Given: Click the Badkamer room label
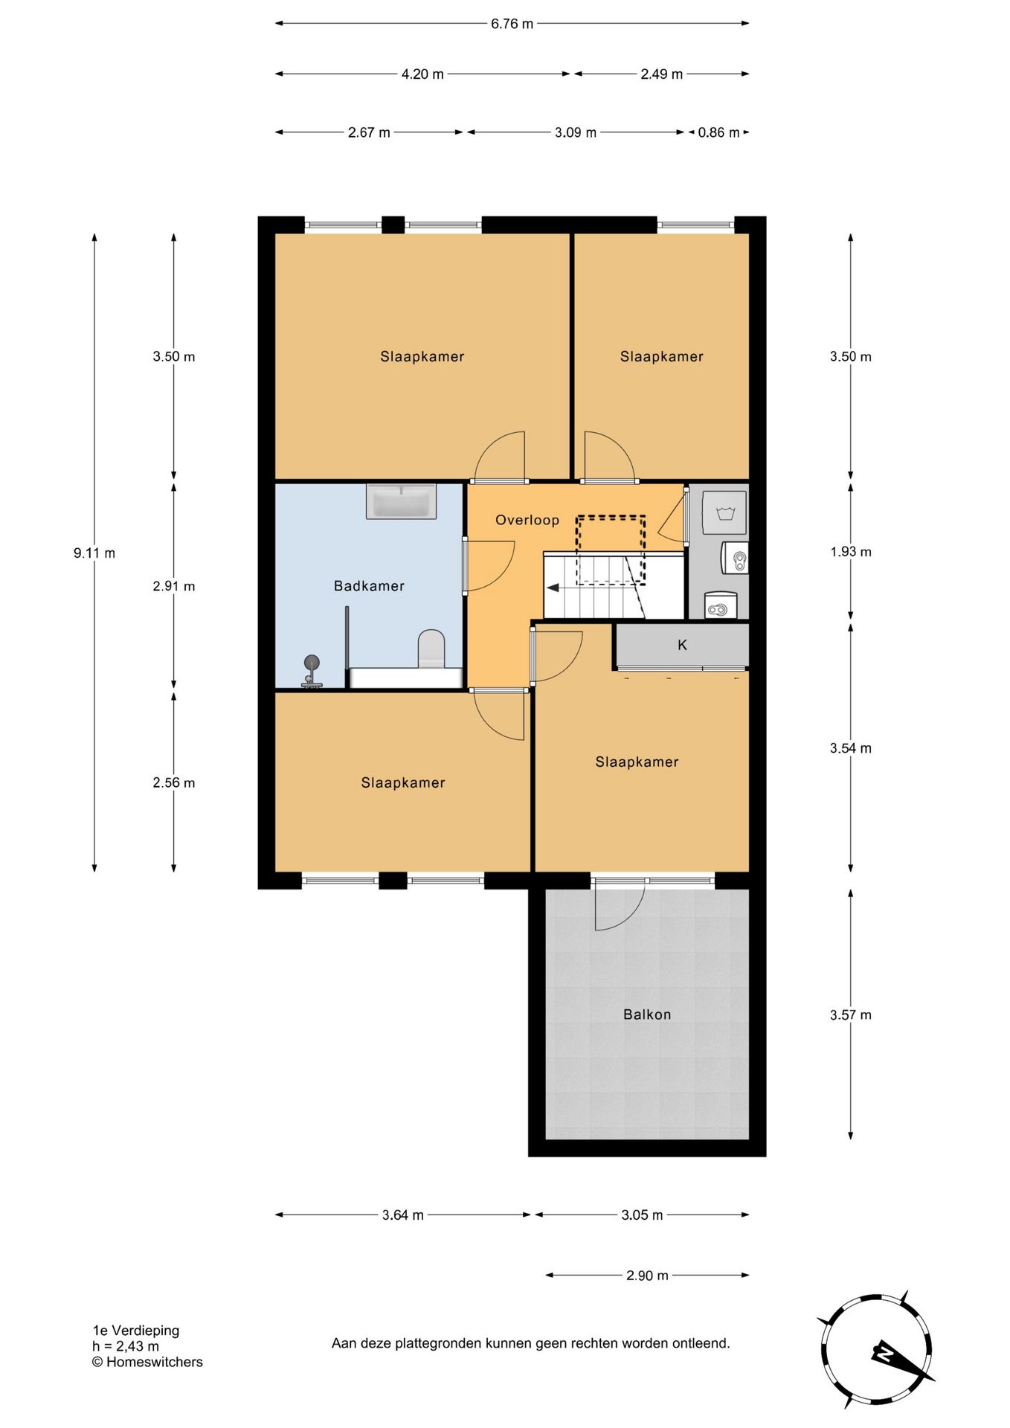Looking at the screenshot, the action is tap(369, 586).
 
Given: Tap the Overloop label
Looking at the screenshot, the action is tap(527, 520).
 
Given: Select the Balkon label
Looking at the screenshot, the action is tap(647, 1014).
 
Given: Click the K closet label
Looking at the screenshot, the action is tap(682, 645).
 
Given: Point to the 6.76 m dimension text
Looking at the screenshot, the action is tap(512, 24).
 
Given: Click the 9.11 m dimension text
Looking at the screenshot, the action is tap(94, 553).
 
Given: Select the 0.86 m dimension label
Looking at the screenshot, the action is tap(718, 132).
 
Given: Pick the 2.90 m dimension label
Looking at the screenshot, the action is tap(647, 1276).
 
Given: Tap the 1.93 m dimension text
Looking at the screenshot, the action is tap(851, 552).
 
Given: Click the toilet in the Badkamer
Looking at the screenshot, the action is tap(431, 649).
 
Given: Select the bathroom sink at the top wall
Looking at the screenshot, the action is tap(401, 501).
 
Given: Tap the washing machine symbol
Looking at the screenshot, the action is tap(724, 512).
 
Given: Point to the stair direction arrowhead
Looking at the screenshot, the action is tap(553, 588).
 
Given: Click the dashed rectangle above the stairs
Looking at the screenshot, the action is tap(611, 550).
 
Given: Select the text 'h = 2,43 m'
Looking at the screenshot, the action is tap(126, 1346).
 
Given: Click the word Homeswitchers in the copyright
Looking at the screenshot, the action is tap(155, 1362).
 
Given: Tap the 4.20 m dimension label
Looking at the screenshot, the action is tap(422, 74).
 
